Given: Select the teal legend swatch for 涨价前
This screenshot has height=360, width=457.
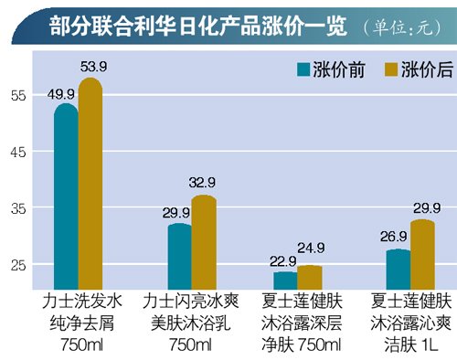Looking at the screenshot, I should click(301, 70).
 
